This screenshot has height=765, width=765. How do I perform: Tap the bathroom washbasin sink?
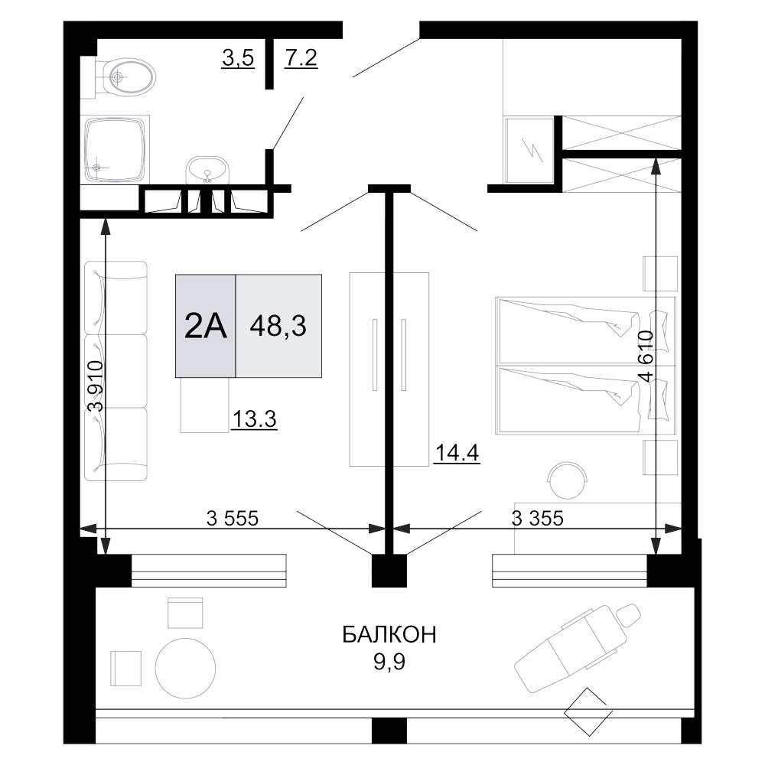[207, 168]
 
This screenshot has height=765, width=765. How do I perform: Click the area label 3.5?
[237, 59]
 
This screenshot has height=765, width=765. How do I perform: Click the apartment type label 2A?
[206, 327]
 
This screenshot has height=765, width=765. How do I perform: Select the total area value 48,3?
[278, 327]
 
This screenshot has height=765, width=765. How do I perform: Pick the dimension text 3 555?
[233, 518]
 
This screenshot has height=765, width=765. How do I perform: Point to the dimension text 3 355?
[537, 518]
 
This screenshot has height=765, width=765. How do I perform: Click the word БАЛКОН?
[389, 635]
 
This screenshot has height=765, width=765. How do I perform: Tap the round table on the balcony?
[185, 666]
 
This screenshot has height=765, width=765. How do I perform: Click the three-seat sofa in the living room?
[116, 371]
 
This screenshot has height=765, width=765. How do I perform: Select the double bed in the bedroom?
[586, 363]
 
